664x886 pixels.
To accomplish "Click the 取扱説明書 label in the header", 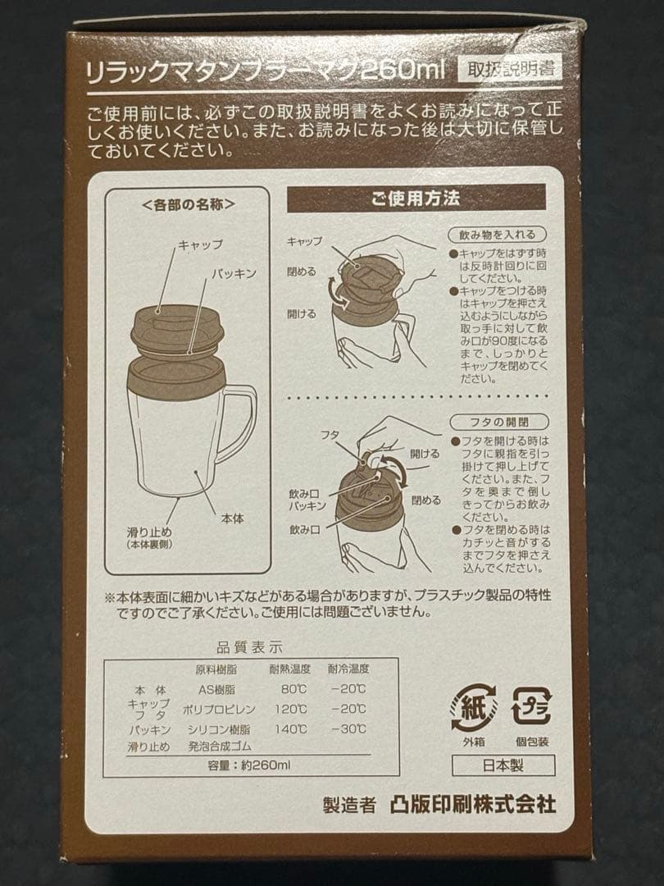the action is click(x=511, y=69).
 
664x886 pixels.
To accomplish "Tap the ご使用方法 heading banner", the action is click(x=416, y=198).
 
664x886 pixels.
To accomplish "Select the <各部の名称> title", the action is click(x=188, y=204).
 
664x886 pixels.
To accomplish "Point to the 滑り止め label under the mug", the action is click(x=150, y=532).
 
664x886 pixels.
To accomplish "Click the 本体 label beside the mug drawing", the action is click(x=232, y=518).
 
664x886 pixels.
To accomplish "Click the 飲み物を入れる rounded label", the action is click(x=498, y=235).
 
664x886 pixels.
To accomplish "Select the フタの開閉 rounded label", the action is click(x=499, y=422).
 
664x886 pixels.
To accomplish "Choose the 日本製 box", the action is click(x=503, y=765).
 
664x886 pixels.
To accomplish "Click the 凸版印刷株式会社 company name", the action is click(x=473, y=805).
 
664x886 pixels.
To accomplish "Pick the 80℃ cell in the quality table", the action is click(x=293, y=689).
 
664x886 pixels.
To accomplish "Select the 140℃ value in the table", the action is click(x=290, y=729).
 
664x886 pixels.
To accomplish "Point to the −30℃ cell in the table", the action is click(x=348, y=729).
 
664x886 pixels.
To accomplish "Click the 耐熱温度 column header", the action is click(x=289, y=669).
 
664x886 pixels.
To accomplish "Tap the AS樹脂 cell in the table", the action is click(x=216, y=689).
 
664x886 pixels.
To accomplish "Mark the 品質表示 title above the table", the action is click(x=249, y=647).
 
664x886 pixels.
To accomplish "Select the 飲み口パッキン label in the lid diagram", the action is click(x=307, y=500).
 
